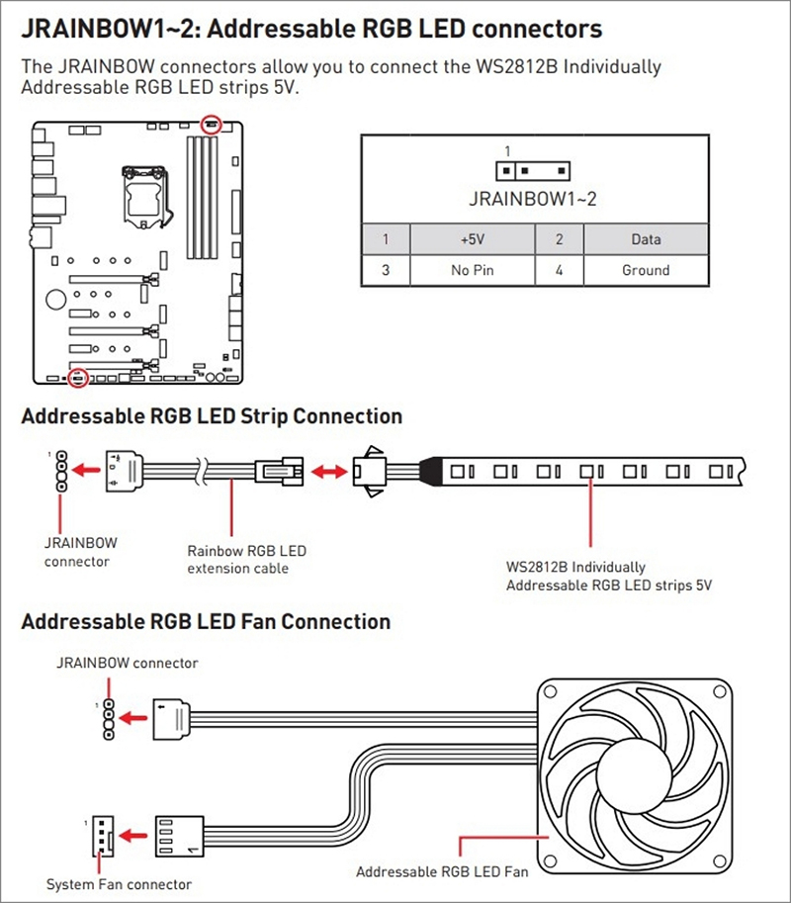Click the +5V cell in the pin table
[x=471, y=239]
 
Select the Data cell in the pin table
[x=645, y=239]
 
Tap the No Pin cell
[x=471, y=270]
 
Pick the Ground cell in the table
[x=645, y=270]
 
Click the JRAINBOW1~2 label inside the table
[x=533, y=199]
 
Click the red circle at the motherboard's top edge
[x=210, y=124]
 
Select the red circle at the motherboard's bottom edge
[x=79, y=377]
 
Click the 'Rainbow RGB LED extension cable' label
[x=246, y=559]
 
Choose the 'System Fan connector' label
[x=119, y=883]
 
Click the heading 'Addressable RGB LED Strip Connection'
[x=212, y=415]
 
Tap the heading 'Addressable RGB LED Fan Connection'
[x=206, y=622]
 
